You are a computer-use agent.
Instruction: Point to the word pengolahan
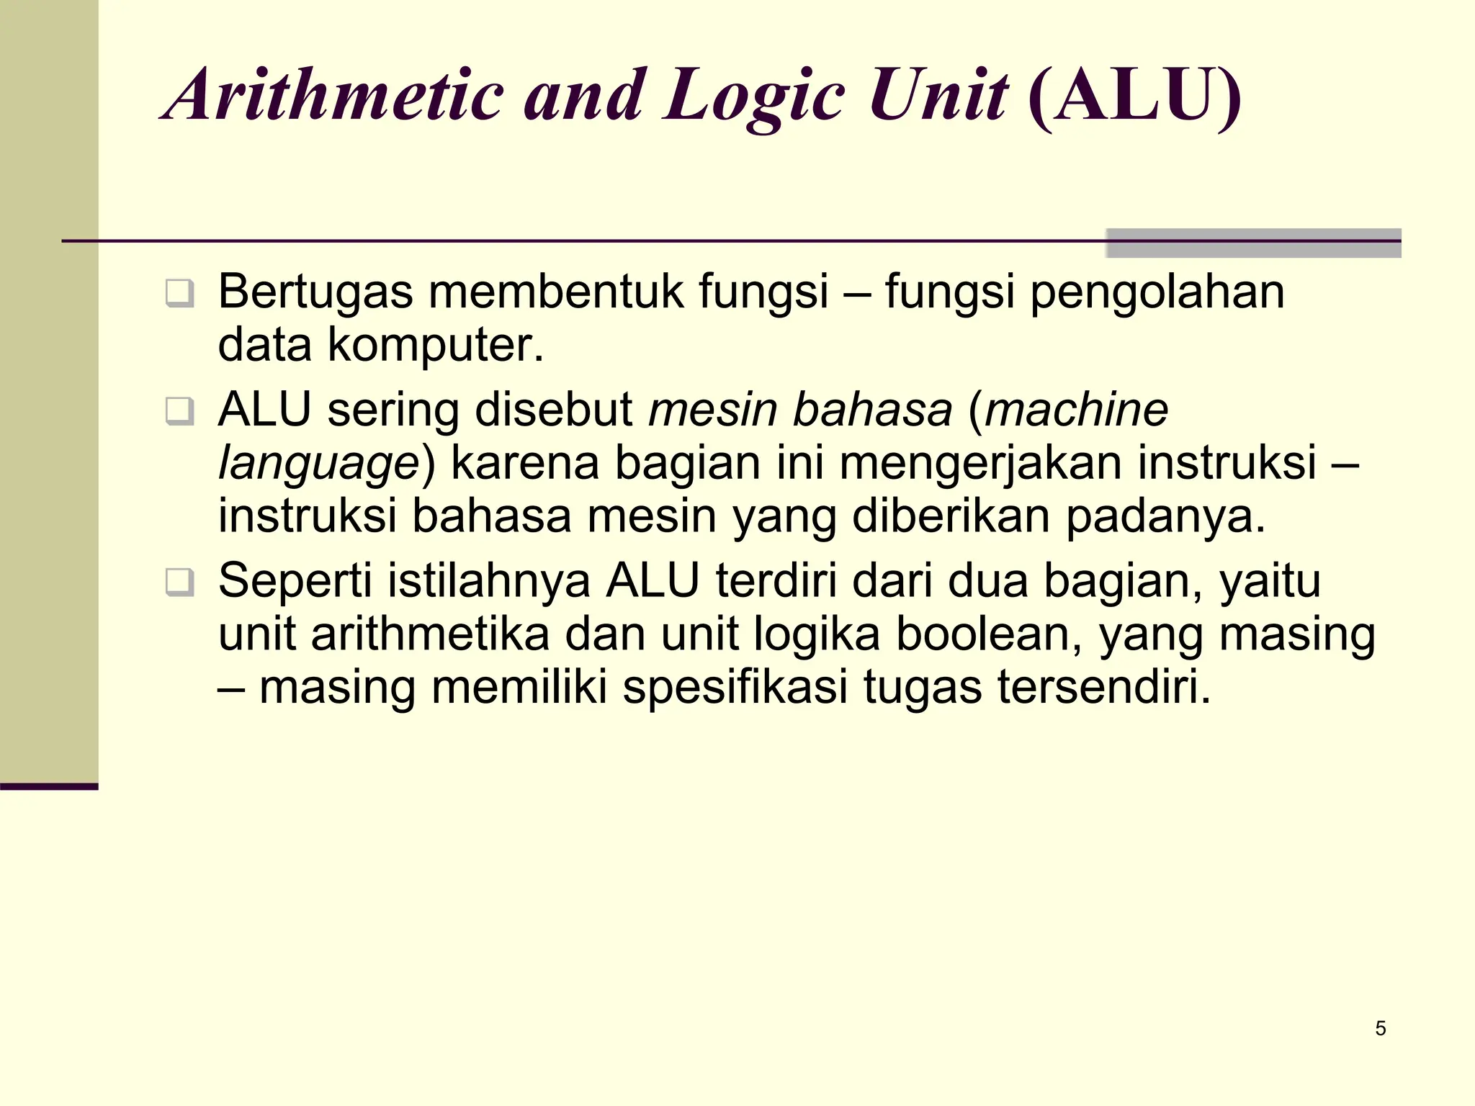point(1157,293)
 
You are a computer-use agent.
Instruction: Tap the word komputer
point(435,345)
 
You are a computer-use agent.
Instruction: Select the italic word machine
point(1076,410)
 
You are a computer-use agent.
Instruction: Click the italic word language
point(318,464)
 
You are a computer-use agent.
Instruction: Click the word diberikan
point(951,516)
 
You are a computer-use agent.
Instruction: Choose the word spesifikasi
point(735,687)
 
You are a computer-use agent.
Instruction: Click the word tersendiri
point(1104,687)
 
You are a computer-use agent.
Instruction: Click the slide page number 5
point(1380,1028)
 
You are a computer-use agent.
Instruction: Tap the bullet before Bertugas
point(179,294)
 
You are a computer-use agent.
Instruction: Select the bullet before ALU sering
point(179,411)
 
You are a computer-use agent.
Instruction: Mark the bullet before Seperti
point(179,582)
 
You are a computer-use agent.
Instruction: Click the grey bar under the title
point(1253,243)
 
